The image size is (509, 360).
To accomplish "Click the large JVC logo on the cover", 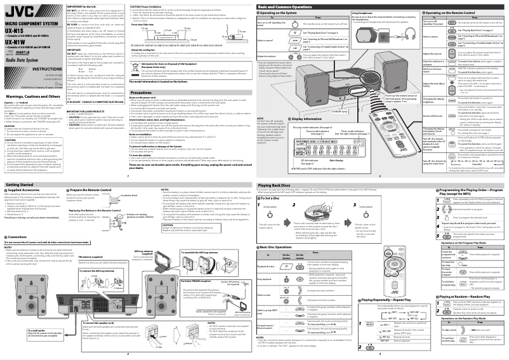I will coord(16,10).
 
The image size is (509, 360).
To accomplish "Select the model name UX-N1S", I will coord(15,31).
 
